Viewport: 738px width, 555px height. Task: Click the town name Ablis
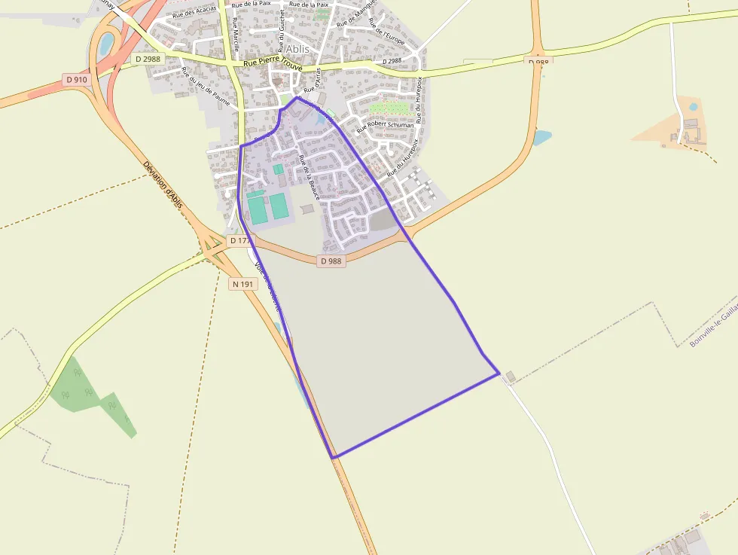coord(297,49)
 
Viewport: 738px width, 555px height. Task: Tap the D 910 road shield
coord(76,80)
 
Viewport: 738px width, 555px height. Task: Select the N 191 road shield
coord(243,284)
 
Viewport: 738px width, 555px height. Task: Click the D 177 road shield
coord(239,240)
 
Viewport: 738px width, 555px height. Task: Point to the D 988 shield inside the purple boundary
coord(331,261)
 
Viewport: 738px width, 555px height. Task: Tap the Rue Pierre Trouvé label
coord(273,66)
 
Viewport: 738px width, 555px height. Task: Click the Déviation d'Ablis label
coord(163,184)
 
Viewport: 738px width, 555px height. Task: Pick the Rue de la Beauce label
coord(309,177)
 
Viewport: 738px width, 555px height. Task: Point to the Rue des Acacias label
coord(194,13)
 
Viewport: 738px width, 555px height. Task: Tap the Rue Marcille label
coord(236,34)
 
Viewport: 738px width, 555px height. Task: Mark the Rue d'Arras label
coord(318,78)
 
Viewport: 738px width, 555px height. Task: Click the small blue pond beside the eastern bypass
coord(541,138)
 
